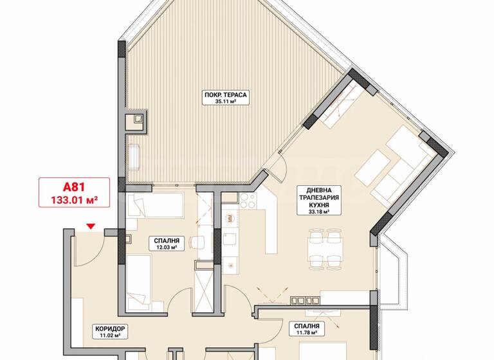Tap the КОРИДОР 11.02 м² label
click(110, 331)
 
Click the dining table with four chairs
click(323, 246)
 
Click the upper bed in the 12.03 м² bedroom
click(155, 207)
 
